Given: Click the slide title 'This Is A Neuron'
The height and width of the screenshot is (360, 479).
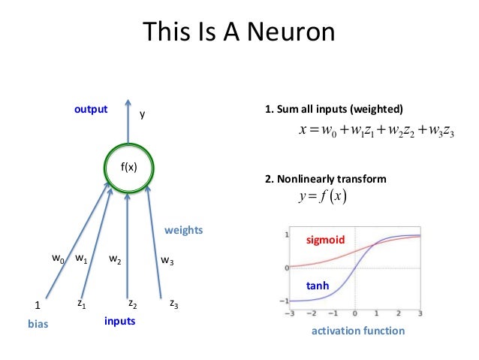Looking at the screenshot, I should pyautogui.click(x=239, y=34).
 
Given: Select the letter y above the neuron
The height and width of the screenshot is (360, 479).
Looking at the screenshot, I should pyautogui.click(x=143, y=115).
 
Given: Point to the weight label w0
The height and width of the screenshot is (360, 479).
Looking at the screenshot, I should pyautogui.click(x=57, y=259).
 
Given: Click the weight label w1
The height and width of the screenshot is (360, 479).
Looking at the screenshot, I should pyautogui.click(x=82, y=259).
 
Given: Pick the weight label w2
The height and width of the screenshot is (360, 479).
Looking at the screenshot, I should pyautogui.click(x=116, y=260).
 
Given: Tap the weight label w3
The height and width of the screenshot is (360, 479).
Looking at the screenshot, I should pyautogui.click(x=167, y=261).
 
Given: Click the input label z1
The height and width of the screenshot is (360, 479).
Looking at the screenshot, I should pyautogui.click(x=81, y=304).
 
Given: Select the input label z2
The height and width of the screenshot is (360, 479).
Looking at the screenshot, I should pyautogui.click(x=132, y=304).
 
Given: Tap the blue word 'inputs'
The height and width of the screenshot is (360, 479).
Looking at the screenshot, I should pyautogui.click(x=120, y=321).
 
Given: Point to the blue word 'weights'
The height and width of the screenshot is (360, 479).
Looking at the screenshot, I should pyautogui.click(x=184, y=229).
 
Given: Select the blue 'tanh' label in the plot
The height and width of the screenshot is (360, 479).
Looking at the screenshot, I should pyautogui.click(x=318, y=286).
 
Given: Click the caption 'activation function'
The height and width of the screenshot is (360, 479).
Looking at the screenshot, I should pyautogui.click(x=358, y=331).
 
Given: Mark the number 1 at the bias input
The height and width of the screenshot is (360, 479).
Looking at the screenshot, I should pyautogui.click(x=38, y=306).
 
